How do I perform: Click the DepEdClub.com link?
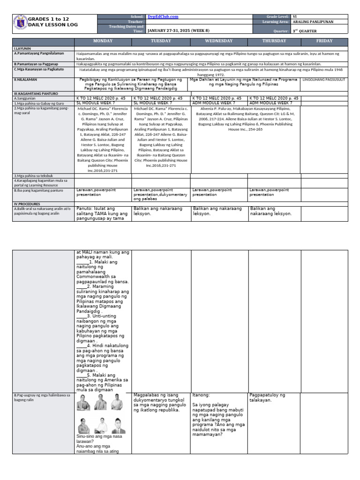pyautogui.click(x=163, y=17)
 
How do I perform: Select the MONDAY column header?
pyautogui.click(x=103, y=41)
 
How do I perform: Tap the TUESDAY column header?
pyautogui.click(x=161, y=41)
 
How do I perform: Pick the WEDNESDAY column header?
pyautogui.click(x=219, y=41)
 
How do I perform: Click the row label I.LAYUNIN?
pyautogui.click(x=22, y=48)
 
